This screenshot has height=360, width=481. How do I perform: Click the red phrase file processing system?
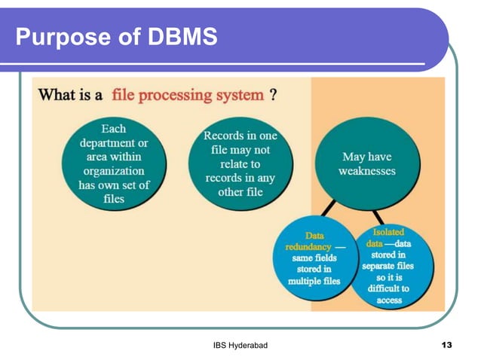[x=188, y=96]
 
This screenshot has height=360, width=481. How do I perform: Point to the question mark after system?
[x=273, y=96]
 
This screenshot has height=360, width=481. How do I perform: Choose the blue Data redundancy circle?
[x=315, y=258]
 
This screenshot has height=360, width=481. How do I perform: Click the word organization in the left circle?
[x=114, y=171]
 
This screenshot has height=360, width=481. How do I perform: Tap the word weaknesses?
[x=367, y=171]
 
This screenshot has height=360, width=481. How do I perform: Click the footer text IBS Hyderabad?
[x=240, y=344]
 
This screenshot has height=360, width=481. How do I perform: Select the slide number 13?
[x=446, y=344]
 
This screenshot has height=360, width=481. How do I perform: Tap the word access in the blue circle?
[x=389, y=300]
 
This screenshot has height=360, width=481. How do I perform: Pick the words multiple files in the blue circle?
[x=314, y=281]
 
